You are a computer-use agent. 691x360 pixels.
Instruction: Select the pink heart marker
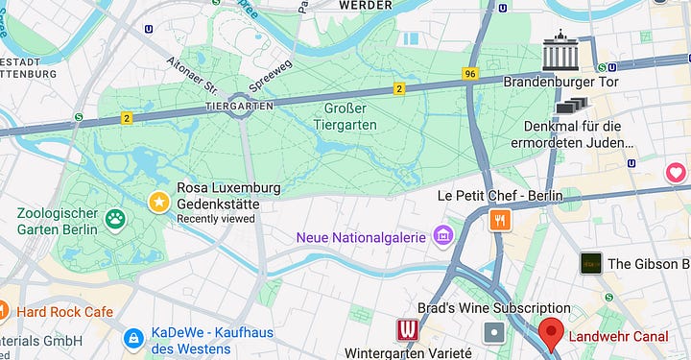(676, 173)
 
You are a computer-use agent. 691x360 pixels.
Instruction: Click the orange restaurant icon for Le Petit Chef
(499, 221)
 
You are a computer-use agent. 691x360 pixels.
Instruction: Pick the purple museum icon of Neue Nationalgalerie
(442, 235)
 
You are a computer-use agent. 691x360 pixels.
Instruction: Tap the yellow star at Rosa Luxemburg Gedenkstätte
(158, 202)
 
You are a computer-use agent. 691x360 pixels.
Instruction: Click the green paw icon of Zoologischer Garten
(116, 220)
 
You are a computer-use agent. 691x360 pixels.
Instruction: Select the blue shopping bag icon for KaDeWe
(133, 339)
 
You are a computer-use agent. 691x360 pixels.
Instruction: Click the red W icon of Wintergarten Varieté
(408, 331)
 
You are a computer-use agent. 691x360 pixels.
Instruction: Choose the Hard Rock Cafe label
(63, 312)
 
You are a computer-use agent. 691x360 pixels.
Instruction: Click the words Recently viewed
(216, 219)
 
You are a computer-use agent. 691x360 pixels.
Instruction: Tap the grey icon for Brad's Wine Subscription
(494, 332)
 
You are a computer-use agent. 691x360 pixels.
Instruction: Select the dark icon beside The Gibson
(590, 263)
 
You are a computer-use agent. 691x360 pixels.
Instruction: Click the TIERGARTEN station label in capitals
(239, 105)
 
